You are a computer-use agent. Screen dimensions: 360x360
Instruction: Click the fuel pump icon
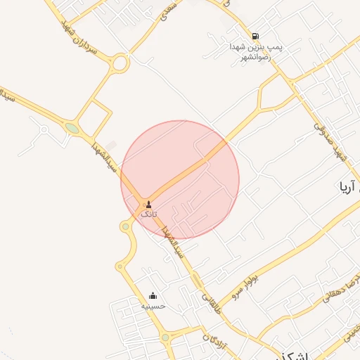point(255,36)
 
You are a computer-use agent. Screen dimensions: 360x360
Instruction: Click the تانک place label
point(149,213)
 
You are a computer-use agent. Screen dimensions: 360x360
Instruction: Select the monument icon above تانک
point(148,204)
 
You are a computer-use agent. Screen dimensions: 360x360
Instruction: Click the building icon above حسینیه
point(153,296)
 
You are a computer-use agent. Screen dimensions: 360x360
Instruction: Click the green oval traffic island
point(72,128)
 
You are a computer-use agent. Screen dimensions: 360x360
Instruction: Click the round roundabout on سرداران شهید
point(120,65)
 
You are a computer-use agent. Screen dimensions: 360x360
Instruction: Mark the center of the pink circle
point(180,179)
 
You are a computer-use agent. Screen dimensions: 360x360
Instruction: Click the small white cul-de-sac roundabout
point(44,130)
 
